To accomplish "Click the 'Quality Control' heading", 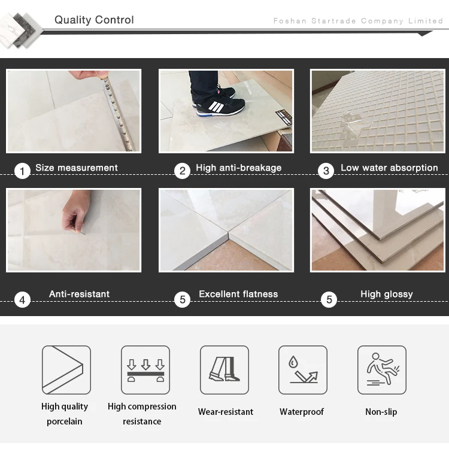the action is point(94,20).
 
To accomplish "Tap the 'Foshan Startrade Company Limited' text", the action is point(358,21).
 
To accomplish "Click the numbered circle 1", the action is point(22,171).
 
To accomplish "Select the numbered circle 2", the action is point(182,171).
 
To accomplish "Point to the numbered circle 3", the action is point(326,171).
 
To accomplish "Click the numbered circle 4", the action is point(22,300).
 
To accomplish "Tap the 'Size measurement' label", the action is point(77,168).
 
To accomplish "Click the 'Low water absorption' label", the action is point(389,168).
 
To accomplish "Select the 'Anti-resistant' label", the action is point(79,294).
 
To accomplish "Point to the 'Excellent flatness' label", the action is point(238,294).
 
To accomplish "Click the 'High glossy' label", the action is point(387,294).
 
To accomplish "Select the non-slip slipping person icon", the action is point(382,370).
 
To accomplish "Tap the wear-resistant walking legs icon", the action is point(224,370).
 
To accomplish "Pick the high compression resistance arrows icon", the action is point(145,370).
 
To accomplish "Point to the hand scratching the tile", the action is point(77,212).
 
